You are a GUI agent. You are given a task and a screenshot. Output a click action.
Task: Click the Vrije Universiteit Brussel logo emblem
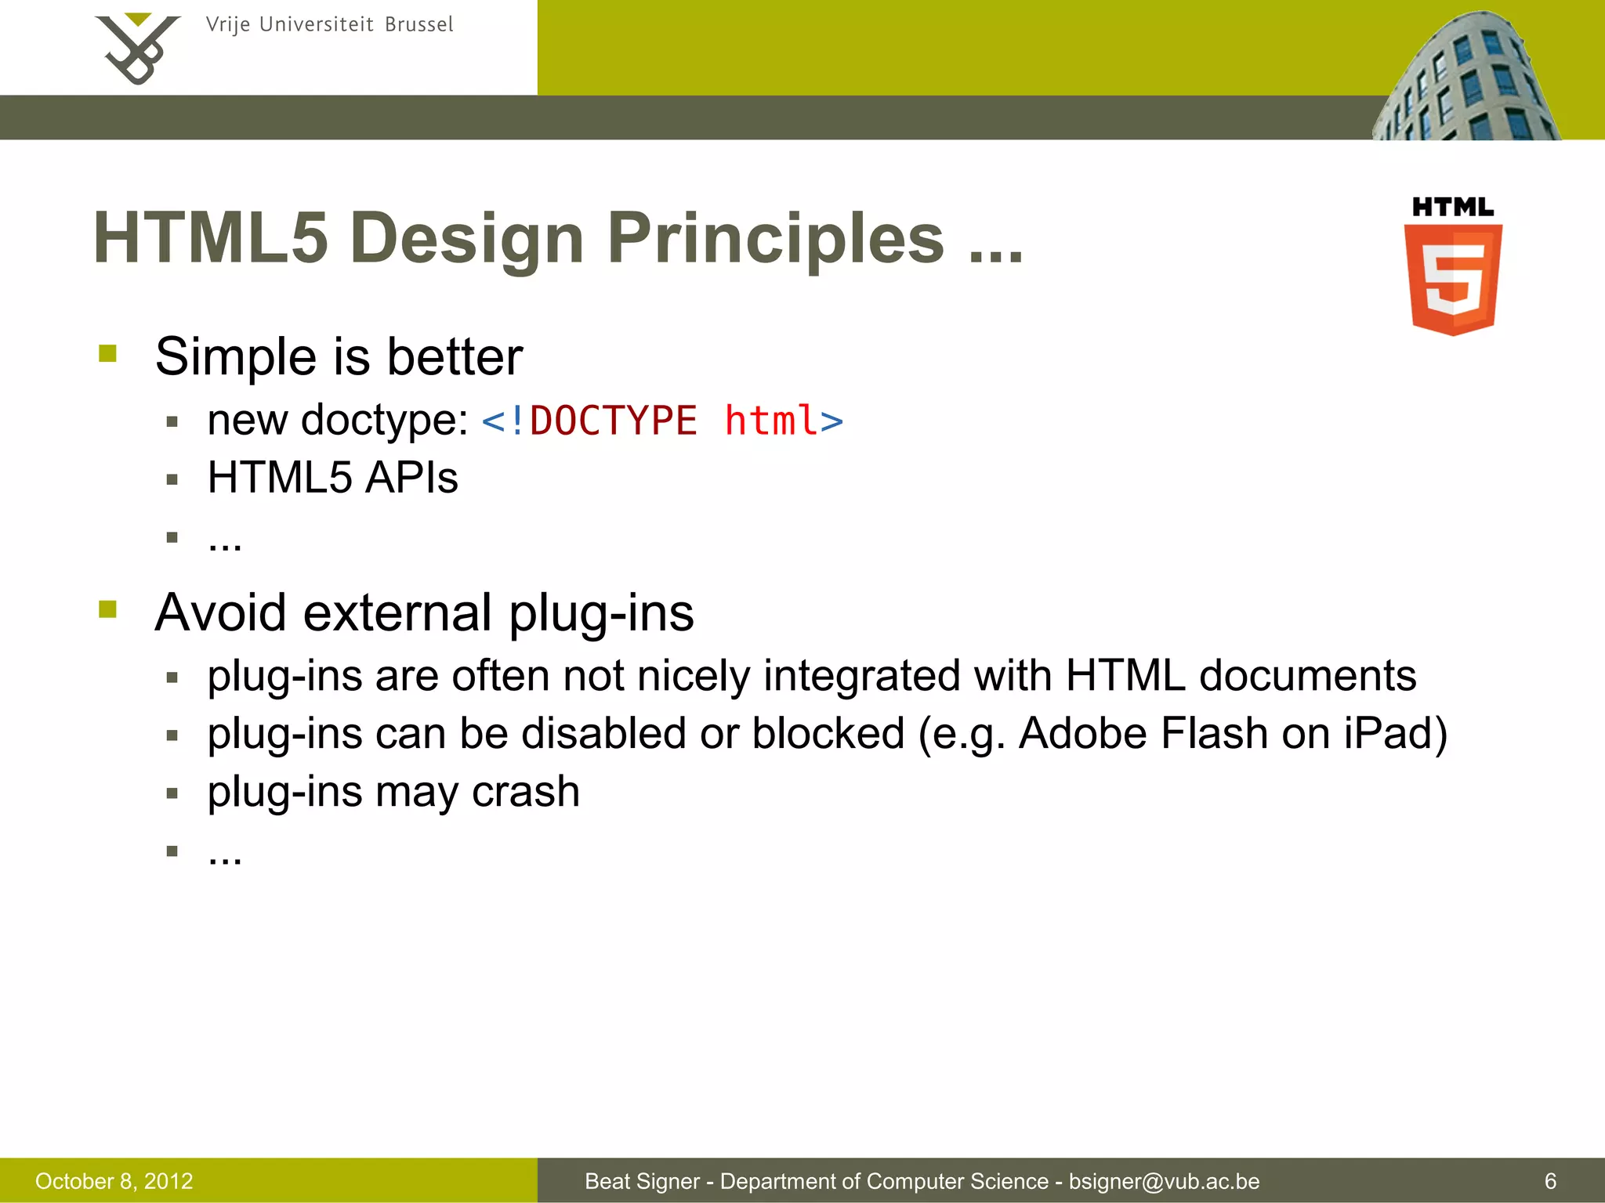tap(138, 49)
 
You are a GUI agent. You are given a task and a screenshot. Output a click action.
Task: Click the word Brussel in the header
tap(418, 25)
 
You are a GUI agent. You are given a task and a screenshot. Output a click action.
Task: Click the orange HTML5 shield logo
tap(1453, 278)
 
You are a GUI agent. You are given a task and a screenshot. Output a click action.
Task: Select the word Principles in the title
tap(775, 239)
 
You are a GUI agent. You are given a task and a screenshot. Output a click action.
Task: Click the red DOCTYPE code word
tap(613, 421)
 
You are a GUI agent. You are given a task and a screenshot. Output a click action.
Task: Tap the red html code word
tap(771, 421)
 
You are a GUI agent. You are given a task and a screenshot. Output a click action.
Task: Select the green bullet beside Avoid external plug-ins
tap(108, 609)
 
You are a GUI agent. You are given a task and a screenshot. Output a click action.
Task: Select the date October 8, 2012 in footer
tap(114, 1181)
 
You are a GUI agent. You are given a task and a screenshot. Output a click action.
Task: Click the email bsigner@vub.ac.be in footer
tap(1164, 1181)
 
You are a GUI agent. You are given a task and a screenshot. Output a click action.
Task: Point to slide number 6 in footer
tap(1549, 1181)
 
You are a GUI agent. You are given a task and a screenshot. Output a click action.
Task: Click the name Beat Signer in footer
tap(642, 1181)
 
